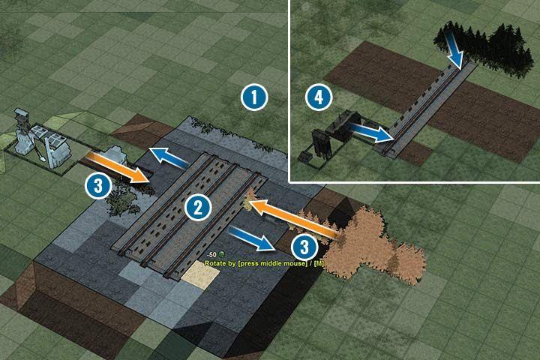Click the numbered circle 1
coord(254,97)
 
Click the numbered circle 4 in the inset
coord(319,97)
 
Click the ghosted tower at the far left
coord(24,127)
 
